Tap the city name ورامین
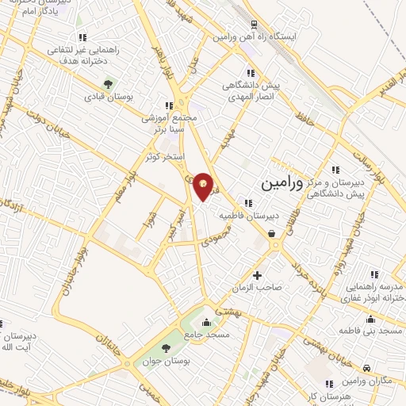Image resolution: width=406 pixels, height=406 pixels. tap(282, 183)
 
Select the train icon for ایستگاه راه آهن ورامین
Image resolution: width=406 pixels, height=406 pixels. tap(253, 25)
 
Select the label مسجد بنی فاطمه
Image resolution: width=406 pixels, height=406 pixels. tap(367, 330)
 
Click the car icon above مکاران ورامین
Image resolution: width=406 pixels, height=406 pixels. tap(368, 369)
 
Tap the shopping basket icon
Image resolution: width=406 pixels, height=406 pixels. tap(272, 233)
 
